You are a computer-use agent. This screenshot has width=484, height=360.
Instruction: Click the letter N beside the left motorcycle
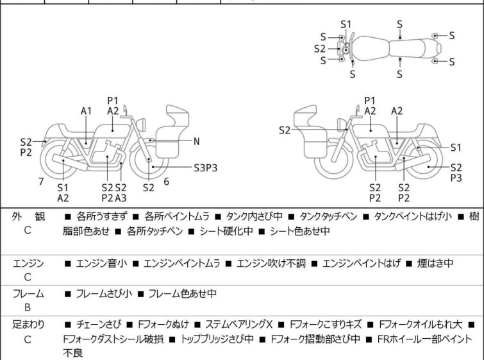197,141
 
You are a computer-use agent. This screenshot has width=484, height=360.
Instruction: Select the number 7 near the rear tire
41,182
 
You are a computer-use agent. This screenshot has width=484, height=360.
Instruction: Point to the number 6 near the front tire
166,182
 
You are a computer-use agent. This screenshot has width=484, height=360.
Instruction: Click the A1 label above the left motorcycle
87,111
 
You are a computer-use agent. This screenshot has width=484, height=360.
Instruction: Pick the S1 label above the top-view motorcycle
346,24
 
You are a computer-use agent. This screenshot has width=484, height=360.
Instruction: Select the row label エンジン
28,262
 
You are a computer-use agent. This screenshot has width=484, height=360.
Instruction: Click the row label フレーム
28,294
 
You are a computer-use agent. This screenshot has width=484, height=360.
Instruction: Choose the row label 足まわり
28,325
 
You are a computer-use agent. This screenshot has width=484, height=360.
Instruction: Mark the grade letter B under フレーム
28,307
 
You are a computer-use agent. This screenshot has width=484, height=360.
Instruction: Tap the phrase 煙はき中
437,262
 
